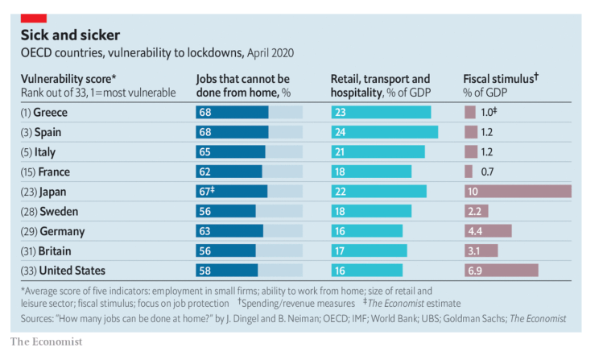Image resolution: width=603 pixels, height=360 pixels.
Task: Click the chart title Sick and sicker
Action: point(70,35)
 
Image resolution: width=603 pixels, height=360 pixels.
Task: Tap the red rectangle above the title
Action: point(33,18)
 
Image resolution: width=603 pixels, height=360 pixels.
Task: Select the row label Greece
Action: point(50,113)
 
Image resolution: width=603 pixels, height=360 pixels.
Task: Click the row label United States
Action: point(64,270)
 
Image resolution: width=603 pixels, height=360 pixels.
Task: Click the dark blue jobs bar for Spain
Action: point(232,132)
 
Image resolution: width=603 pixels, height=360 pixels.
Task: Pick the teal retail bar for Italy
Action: point(378,152)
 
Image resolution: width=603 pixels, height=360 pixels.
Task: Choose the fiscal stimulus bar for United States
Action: point(501,270)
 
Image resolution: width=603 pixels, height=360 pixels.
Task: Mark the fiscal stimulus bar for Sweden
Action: point(476,211)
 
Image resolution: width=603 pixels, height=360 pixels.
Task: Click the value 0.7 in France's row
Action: point(486,172)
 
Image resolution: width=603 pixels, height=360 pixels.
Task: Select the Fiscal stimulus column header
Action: point(501,79)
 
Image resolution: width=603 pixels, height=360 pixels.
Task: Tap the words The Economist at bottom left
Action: point(46,342)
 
